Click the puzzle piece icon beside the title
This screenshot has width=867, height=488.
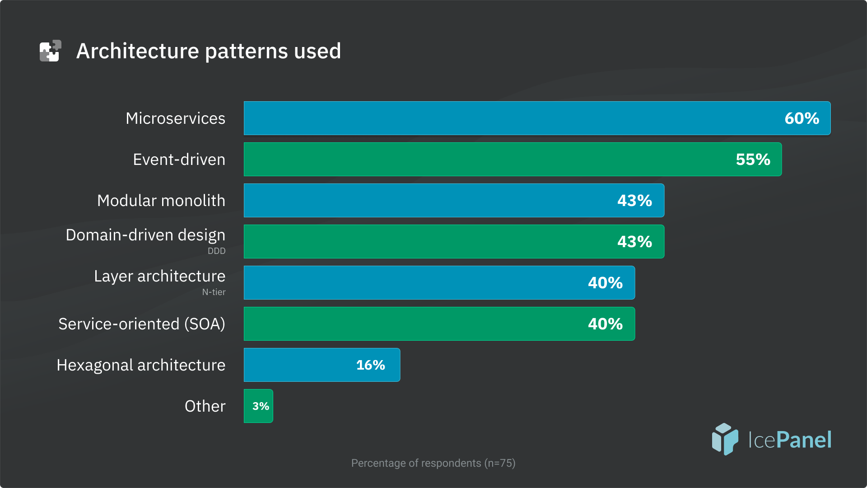tap(50, 51)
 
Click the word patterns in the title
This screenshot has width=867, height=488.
tap(246, 51)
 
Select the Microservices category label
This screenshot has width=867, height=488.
tap(175, 118)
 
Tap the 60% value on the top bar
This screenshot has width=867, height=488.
tap(802, 118)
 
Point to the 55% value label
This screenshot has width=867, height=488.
tap(753, 160)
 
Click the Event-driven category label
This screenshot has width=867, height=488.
tap(179, 160)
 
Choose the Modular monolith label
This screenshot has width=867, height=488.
tap(161, 201)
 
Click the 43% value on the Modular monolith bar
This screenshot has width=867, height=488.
tap(634, 201)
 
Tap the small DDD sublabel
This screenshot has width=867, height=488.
tap(216, 251)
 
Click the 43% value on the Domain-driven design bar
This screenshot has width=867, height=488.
tap(634, 242)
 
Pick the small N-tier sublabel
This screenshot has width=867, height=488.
tap(214, 292)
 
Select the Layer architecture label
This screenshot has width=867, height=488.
tap(159, 276)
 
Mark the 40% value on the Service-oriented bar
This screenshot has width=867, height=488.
tap(605, 324)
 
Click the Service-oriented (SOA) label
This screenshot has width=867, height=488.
tap(141, 324)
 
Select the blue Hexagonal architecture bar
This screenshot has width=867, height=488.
tap(298, 365)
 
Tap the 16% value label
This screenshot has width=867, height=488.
tap(370, 365)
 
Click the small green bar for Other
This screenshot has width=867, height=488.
tap(258, 406)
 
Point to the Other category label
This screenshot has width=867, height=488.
tap(205, 406)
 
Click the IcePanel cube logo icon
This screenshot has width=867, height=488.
tap(725, 439)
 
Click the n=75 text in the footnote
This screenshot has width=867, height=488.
tap(500, 463)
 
